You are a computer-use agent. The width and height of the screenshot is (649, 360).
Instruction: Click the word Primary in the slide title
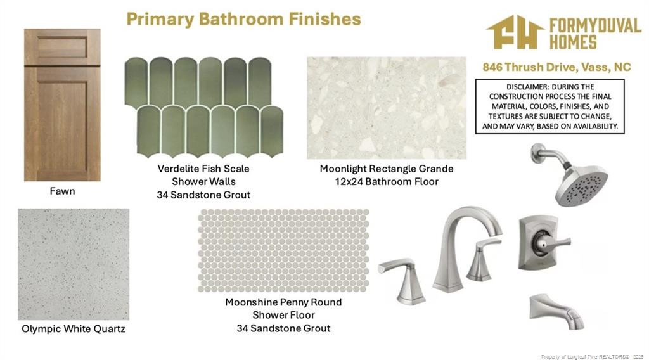click(160, 20)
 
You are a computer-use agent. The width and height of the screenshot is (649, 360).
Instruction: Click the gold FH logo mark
click(515, 32)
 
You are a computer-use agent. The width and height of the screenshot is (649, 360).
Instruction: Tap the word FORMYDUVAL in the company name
click(595, 27)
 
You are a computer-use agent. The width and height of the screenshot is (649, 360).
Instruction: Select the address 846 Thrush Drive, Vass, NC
click(556, 67)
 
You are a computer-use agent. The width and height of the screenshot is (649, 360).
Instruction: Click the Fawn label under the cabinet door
click(63, 191)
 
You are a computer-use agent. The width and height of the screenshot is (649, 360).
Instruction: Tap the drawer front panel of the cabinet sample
click(62, 47)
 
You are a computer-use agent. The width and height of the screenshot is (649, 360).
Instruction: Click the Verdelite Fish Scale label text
click(203, 169)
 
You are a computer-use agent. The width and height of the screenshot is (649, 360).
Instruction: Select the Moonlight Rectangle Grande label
click(387, 169)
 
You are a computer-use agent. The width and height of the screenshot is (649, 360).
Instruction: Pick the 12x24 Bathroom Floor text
click(387, 182)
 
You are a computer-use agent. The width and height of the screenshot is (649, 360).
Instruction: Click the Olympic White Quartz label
click(74, 329)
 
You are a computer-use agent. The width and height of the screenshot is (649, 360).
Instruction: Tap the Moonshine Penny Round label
click(283, 302)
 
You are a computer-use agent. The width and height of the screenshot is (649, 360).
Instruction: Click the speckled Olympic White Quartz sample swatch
click(74, 264)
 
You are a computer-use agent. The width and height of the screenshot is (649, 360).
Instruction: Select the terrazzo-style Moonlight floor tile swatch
click(387, 108)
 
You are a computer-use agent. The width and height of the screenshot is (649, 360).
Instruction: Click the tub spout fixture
click(556, 311)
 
